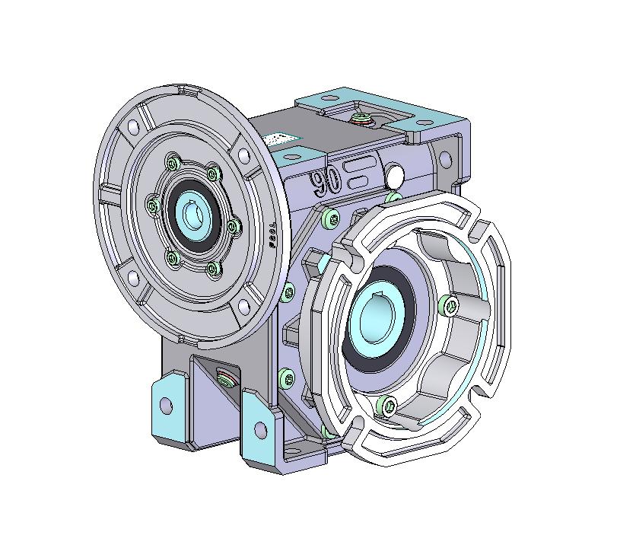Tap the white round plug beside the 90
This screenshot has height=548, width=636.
coord(394,176)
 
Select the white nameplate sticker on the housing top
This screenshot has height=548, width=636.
coord(278,139)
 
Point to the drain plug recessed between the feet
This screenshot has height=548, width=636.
coord(226,377)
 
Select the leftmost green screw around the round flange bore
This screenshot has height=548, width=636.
coord(154,205)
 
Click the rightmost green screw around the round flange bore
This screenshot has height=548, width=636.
coord(234,226)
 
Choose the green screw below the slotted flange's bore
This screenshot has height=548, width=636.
coord(388,405)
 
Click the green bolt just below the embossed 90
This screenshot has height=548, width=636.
coord(330,219)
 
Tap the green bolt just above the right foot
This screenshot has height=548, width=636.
coord(287,376)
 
